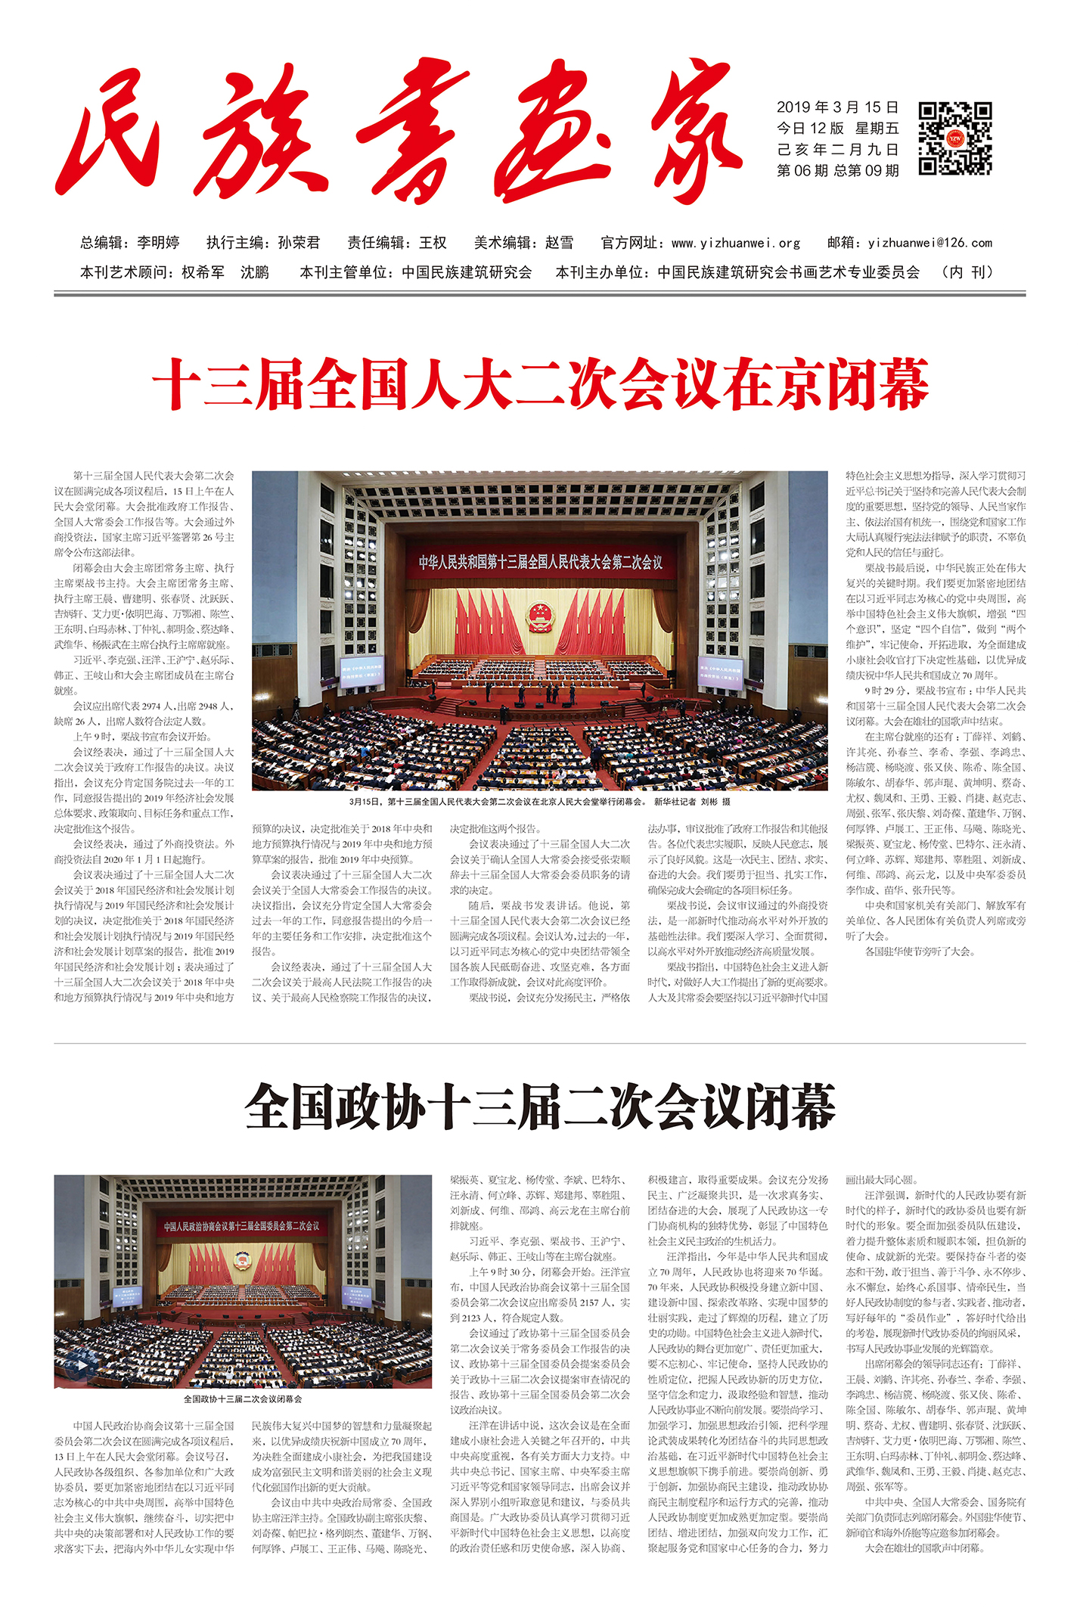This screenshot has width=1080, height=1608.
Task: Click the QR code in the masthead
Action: (x=954, y=138)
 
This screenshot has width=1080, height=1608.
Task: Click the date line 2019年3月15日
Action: (x=837, y=107)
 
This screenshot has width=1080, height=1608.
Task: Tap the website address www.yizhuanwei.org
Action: (x=736, y=243)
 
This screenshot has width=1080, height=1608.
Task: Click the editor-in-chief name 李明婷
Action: (x=158, y=243)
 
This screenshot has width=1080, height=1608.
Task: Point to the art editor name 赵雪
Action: (x=560, y=243)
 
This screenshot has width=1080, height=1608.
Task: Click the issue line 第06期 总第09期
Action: (x=837, y=171)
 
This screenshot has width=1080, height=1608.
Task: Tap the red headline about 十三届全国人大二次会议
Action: (x=540, y=385)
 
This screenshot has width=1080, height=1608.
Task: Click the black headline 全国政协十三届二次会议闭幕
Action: (x=540, y=1105)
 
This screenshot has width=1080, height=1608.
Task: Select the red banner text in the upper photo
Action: (x=540, y=562)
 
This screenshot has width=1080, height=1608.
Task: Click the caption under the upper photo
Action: (x=540, y=802)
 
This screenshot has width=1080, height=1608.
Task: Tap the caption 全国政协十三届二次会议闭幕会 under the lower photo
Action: (x=243, y=1399)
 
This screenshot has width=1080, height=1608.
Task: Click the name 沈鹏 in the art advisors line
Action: (x=255, y=272)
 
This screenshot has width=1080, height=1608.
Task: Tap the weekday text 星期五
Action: (x=877, y=129)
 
